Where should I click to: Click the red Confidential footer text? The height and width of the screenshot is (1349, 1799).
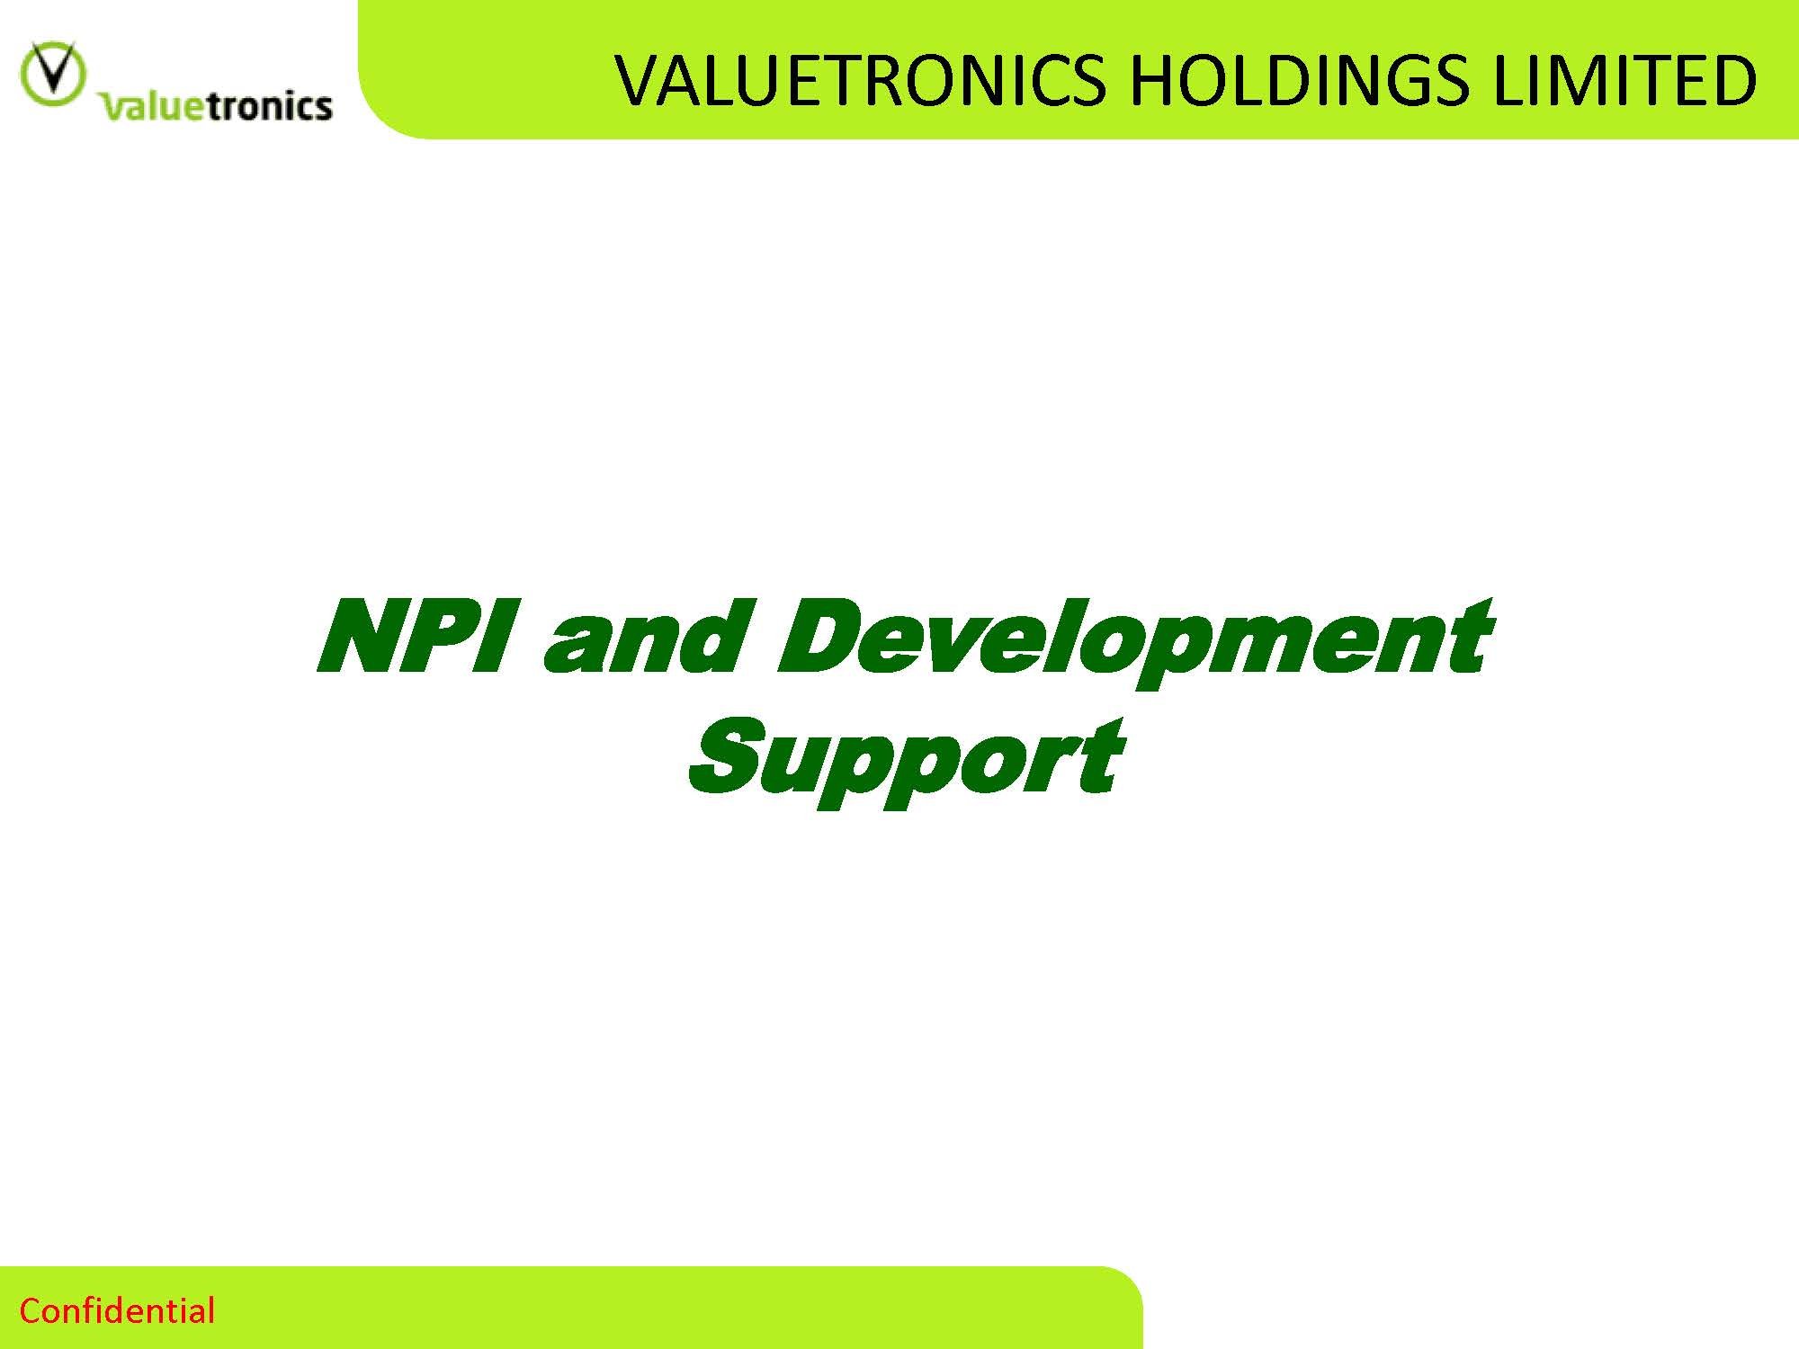click(x=117, y=1311)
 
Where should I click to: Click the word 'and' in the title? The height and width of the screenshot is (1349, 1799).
click(x=644, y=637)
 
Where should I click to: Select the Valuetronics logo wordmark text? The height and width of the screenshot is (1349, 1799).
click(x=216, y=105)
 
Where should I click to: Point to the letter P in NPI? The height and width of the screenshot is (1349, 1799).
click(x=456, y=637)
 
